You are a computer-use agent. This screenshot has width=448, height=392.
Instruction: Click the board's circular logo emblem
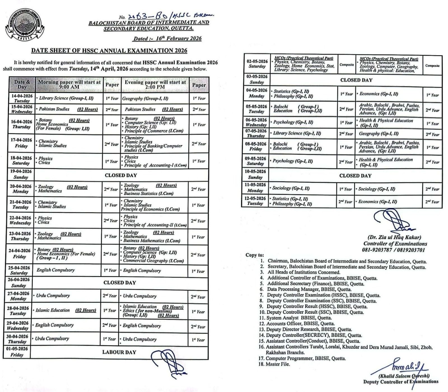tap(24, 24)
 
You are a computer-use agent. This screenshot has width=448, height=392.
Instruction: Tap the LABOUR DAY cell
tap(119, 352)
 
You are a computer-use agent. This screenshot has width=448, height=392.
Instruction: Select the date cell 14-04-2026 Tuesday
tap(22, 98)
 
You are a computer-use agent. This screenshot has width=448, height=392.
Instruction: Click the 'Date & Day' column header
tap(22, 84)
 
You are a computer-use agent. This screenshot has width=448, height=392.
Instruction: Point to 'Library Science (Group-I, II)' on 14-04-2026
tap(66, 98)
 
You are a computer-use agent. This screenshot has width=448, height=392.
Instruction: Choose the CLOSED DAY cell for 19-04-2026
tap(121, 175)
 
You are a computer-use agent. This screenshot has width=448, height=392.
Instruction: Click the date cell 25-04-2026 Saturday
tap(18, 270)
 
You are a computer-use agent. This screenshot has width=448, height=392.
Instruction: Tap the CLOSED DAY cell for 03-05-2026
tap(356, 80)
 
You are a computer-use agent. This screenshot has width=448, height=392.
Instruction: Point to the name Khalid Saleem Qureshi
tap(404, 376)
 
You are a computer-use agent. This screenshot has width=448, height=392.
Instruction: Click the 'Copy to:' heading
tap(255, 255)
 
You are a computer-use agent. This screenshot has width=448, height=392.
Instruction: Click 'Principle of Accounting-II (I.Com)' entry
tap(155, 225)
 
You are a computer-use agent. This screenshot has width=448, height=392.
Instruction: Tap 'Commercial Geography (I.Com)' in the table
tap(153, 260)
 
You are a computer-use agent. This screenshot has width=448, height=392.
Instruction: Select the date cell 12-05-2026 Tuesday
tap(255, 201)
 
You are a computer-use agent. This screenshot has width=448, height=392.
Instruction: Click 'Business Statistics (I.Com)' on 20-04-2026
tap(149, 193)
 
